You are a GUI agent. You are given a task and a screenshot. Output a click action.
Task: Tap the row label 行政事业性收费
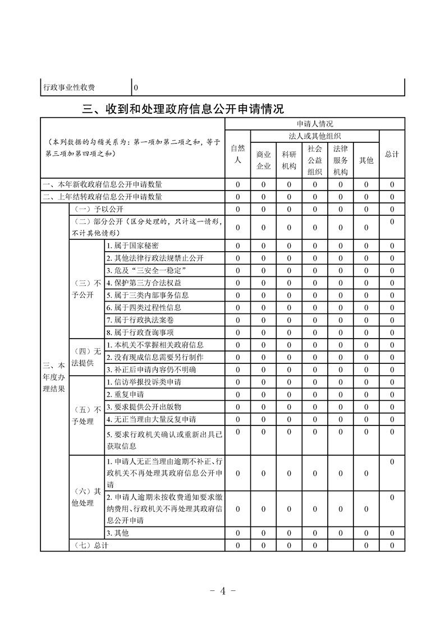(x=69, y=87)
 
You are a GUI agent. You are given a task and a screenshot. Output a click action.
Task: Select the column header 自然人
(x=238, y=154)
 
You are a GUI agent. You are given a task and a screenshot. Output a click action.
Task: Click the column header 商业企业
(x=264, y=160)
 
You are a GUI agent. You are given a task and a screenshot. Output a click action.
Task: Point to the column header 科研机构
(x=289, y=160)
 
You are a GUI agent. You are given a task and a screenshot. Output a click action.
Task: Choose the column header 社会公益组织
(x=315, y=160)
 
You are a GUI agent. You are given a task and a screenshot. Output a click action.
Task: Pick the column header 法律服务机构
(x=340, y=160)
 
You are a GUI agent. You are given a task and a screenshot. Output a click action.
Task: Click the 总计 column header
(x=392, y=154)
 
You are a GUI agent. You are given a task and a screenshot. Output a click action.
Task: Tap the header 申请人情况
(x=315, y=124)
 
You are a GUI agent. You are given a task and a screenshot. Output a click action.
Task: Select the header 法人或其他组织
(x=315, y=136)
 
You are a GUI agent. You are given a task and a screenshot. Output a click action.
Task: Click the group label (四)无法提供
(x=86, y=357)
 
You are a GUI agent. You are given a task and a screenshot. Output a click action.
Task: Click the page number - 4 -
(x=222, y=590)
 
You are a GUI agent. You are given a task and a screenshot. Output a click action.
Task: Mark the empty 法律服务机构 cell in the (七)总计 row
(x=340, y=545)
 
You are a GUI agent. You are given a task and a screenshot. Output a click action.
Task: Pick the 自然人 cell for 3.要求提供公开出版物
(x=238, y=407)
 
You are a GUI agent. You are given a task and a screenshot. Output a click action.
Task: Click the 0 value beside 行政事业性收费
(x=136, y=88)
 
